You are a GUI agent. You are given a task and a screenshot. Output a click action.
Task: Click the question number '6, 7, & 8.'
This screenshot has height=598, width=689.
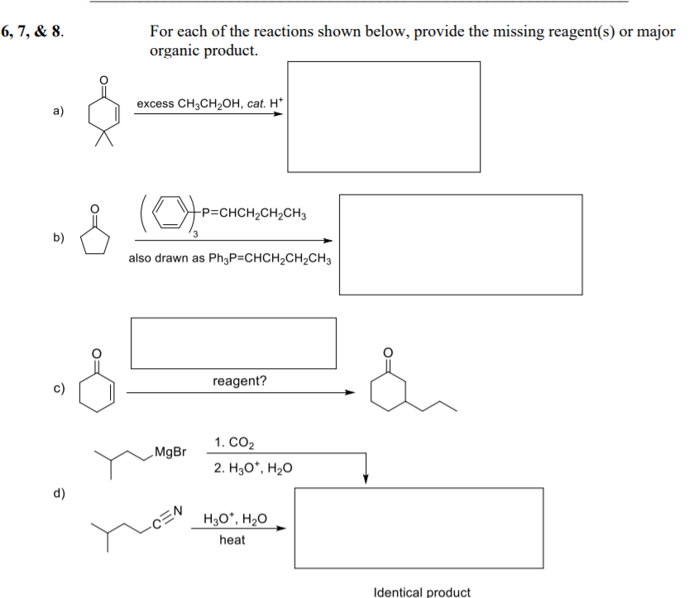[32, 33]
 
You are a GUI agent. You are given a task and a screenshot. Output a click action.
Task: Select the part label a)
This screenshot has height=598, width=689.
[59, 110]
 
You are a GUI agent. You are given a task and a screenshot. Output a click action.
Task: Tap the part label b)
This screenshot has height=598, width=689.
[59, 237]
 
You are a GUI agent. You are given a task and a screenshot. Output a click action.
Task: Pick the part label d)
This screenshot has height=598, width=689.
[59, 494]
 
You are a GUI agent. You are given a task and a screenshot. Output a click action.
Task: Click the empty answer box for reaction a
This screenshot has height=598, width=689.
[384, 117]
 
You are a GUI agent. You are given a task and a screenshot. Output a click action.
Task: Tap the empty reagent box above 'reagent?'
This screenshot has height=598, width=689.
[233, 342]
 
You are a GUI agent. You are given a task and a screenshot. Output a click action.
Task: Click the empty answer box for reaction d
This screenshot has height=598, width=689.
[419, 528]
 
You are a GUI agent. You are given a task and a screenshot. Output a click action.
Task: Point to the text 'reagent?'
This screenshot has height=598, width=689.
[240, 381]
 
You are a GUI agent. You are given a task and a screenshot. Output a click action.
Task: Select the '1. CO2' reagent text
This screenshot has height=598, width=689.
[233, 443]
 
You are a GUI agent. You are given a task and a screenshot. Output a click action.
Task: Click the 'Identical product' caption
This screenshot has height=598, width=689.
[422, 591]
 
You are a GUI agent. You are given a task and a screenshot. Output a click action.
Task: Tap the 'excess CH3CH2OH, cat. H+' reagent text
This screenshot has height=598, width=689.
[210, 103]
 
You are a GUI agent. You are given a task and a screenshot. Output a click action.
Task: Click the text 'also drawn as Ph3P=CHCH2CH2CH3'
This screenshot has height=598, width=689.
[230, 259]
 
